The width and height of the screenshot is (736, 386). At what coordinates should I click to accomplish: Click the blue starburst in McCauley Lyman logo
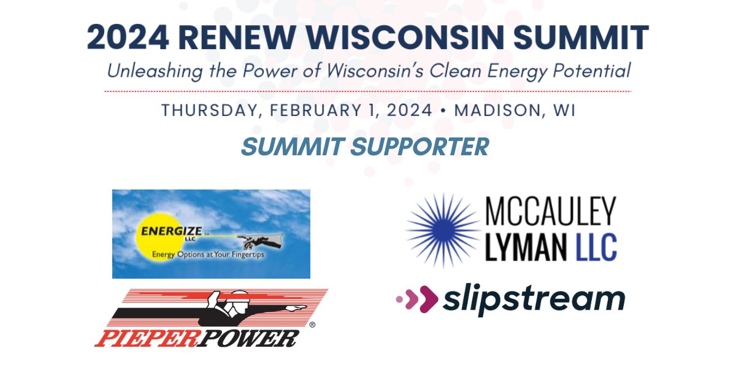tap(444, 230)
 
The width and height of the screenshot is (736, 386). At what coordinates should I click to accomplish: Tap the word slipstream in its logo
tap(533, 299)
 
